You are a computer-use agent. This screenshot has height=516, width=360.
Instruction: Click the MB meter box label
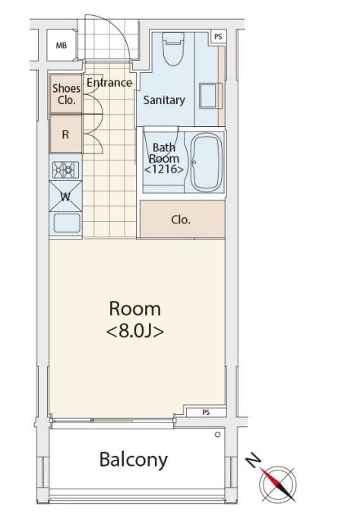click(62, 46)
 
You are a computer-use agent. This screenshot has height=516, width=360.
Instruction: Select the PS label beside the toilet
click(218, 36)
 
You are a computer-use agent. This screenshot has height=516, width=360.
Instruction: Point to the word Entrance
click(109, 83)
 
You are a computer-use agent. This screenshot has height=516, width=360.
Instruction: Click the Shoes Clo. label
click(66, 93)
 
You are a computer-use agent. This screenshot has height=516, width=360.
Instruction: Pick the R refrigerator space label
click(65, 135)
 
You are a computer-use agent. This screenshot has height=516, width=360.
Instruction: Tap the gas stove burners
click(66, 169)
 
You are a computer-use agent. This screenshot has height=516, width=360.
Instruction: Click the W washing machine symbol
click(65, 197)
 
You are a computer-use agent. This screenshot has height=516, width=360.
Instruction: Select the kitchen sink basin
click(67, 223)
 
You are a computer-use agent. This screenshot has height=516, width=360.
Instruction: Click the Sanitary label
click(164, 100)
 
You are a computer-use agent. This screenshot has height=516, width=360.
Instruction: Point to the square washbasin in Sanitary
click(210, 96)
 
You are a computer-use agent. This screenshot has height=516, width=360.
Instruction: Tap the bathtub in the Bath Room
click(207, 162)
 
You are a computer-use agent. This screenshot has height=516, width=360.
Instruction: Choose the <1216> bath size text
click(164, 169)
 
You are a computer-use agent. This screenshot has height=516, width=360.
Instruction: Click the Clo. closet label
click(181, 220)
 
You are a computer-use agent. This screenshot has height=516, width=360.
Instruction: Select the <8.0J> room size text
click(135, 331)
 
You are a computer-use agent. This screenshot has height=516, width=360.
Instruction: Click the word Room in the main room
click(134, 309)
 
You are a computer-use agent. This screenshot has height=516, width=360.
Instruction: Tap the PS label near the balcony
click(206, 412)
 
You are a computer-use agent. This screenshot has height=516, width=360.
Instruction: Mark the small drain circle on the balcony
click(217, 435)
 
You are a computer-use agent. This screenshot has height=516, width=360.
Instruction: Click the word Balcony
click(134, 460)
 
